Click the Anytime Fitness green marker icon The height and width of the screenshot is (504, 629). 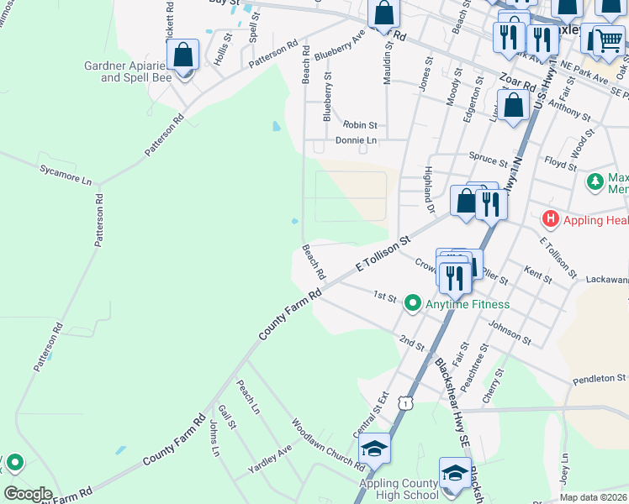pos(412,303)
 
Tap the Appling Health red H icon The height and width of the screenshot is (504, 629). pos(551,220)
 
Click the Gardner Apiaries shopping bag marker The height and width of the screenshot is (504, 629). pos(182,56)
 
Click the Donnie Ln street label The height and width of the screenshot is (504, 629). pos(356,140)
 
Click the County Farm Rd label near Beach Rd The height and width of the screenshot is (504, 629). pos(290,315)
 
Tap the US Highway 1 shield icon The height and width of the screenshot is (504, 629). pos(407,404)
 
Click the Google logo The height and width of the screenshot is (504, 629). pos(28,494)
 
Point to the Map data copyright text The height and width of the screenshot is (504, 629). pos(592,497)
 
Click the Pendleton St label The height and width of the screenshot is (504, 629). pos(600,379)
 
